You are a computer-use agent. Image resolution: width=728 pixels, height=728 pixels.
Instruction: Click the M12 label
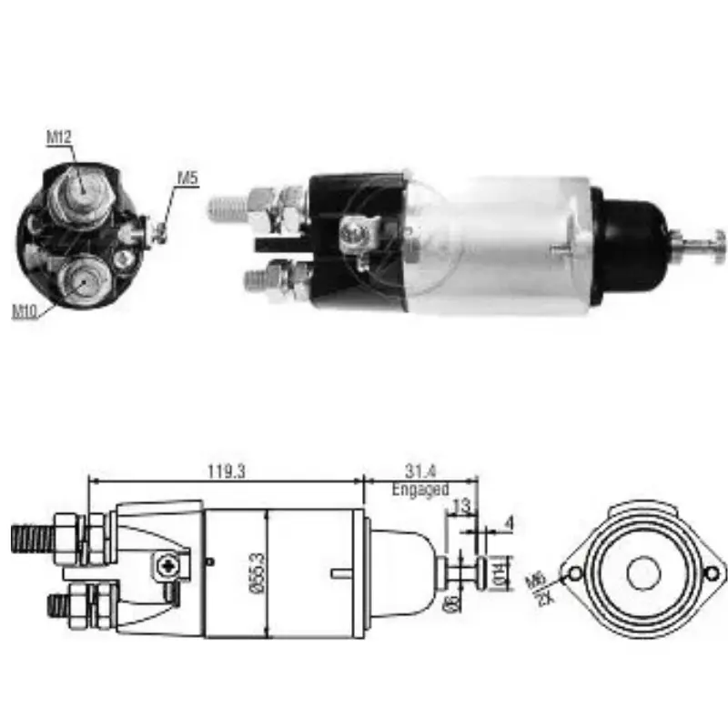point(59,137)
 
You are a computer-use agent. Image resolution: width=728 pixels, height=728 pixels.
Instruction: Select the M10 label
point(24,312)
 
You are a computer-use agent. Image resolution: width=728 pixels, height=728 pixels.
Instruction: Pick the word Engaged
point(420,490)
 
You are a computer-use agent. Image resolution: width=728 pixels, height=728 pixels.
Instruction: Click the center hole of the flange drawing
point(643,572)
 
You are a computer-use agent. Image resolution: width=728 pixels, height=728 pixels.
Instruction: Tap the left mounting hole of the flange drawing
point(573,573)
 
